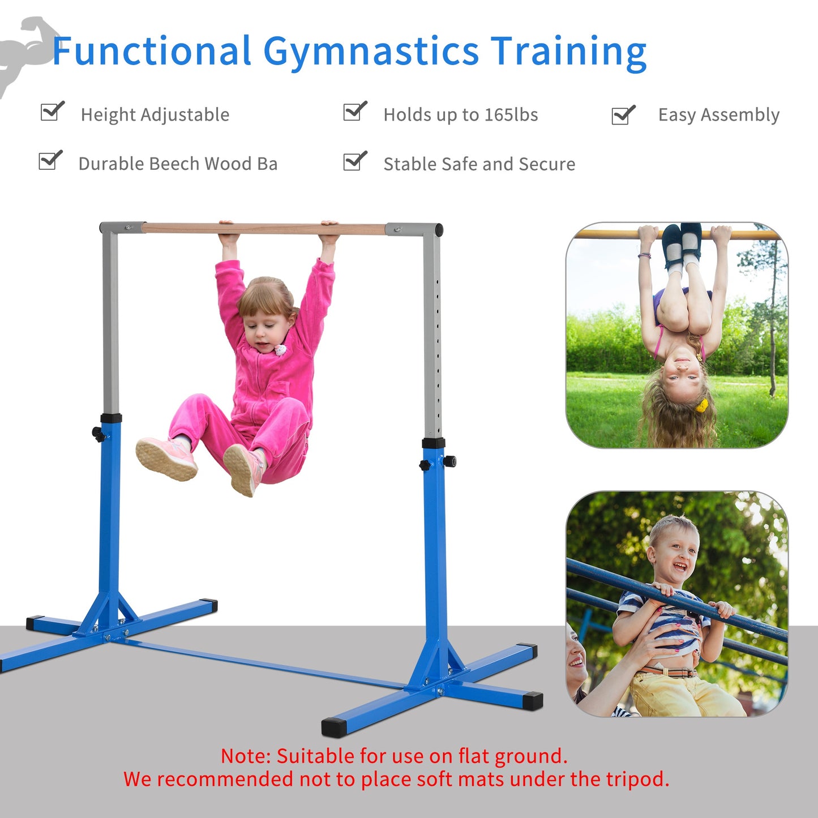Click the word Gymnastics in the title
point(371,52)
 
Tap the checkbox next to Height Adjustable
point(52,112)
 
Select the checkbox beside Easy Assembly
point(623,115)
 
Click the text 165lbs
point(511,115)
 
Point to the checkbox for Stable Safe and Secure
point(354,161)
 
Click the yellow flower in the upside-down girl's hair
point(702,405)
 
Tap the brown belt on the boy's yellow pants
point(668,672)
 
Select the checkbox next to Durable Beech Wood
point(50,161)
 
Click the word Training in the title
point(568,52)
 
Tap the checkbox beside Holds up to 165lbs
point(354,112)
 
